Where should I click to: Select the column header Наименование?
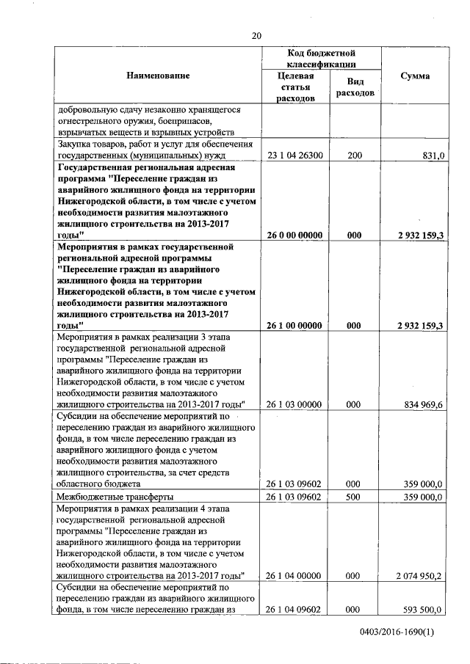(157, 76)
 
